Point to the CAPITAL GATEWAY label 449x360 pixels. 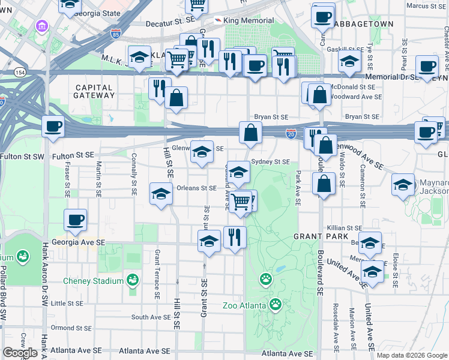point(94,91)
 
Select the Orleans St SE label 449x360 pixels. point(197,188)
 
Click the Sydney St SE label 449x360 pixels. point(271,162)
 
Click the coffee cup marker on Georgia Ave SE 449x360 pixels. point(75,220)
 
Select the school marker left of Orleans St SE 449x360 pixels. point(160,194)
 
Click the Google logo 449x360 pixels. point(20,353)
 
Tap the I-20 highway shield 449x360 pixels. point(291,131)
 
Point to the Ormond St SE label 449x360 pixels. point(71,328)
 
